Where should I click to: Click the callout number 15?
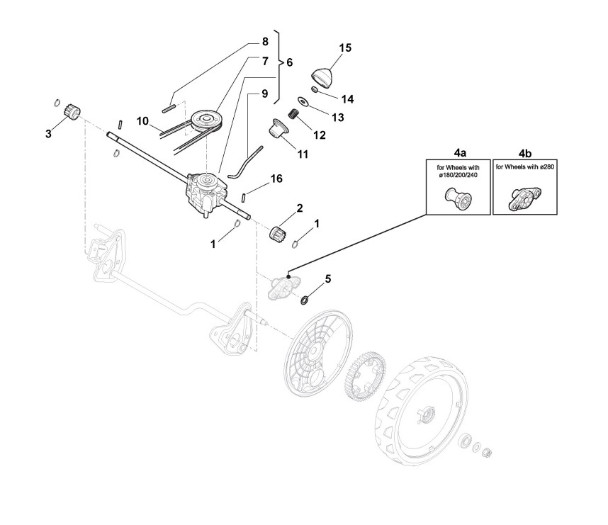[345, 47]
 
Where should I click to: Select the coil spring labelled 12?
[293, 113]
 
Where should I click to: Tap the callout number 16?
[276, 179]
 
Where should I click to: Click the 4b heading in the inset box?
[525, 152]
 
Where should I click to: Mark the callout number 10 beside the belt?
[142, 121]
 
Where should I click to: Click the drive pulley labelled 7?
[205, 117]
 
